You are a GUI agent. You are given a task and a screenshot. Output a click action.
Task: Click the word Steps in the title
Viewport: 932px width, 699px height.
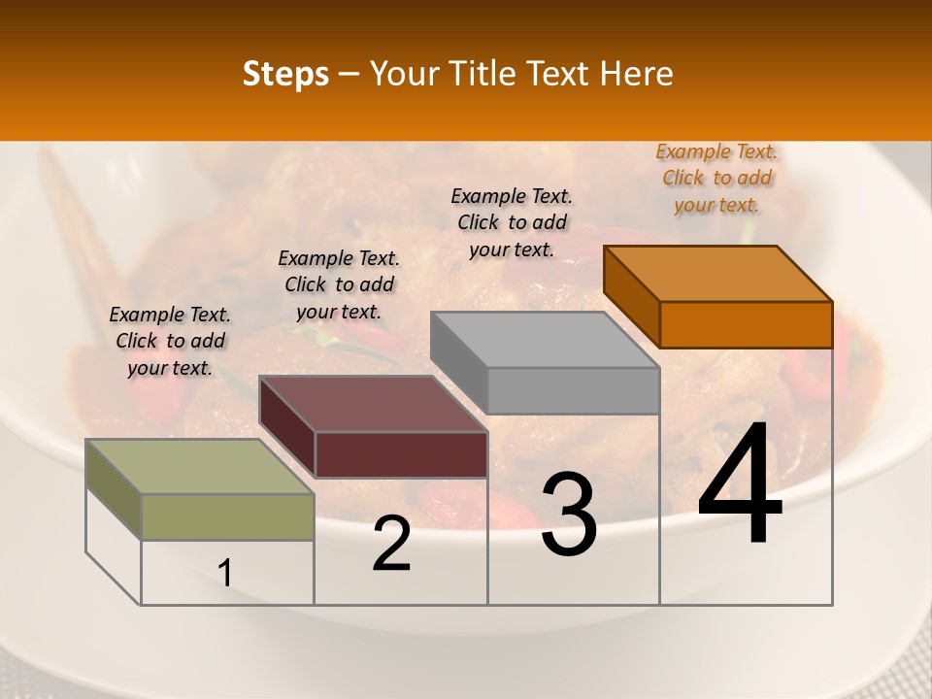coord(285,74)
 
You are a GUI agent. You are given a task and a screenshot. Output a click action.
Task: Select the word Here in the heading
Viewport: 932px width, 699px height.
coord(638,74)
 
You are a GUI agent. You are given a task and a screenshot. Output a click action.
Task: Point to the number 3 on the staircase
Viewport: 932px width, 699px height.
coord(569,515)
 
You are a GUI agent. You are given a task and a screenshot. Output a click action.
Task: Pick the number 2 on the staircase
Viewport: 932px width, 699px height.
coord(391,544)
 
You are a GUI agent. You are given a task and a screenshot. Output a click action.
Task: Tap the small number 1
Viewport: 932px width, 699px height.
coord(225,574)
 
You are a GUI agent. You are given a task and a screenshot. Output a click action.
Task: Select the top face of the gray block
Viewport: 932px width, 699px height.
coord(544,340)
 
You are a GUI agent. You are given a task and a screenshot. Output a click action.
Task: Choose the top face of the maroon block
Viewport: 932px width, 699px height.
coord(373,404)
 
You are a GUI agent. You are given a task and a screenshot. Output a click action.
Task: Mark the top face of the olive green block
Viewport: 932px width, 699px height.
coord(200,467)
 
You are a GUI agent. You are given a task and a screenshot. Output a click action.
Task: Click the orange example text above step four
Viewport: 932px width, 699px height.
coord(716,179)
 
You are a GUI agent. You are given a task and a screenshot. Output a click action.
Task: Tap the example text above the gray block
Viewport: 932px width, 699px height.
coord(512,222)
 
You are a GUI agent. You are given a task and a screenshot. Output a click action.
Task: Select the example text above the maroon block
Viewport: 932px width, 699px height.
coord(339,284)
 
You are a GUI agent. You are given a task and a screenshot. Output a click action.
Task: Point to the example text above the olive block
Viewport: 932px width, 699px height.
coord(170,341)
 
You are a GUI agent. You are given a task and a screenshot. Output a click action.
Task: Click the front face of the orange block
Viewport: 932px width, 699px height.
coord(746,324)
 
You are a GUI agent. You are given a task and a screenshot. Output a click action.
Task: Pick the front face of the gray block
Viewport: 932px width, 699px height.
coord(573,390)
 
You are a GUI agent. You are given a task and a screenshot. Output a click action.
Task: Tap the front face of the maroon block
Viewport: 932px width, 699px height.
coord(401,454)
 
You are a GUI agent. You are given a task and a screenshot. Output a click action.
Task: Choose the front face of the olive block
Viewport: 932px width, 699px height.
coord(227,516)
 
